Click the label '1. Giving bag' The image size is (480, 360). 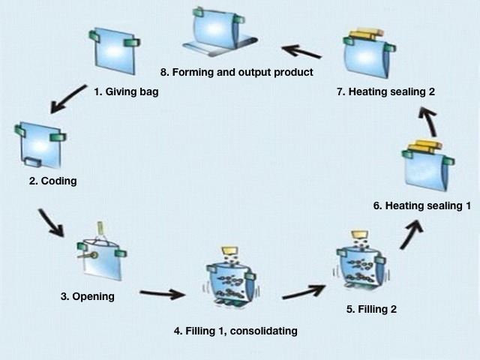point(126,92)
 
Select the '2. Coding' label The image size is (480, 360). point(52,181)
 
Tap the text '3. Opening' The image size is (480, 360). point(87,296)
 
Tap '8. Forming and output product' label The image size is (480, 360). point(236,72)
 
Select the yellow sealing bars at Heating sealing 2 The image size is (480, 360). point(364,34)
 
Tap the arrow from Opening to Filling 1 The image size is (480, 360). point(161,294)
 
